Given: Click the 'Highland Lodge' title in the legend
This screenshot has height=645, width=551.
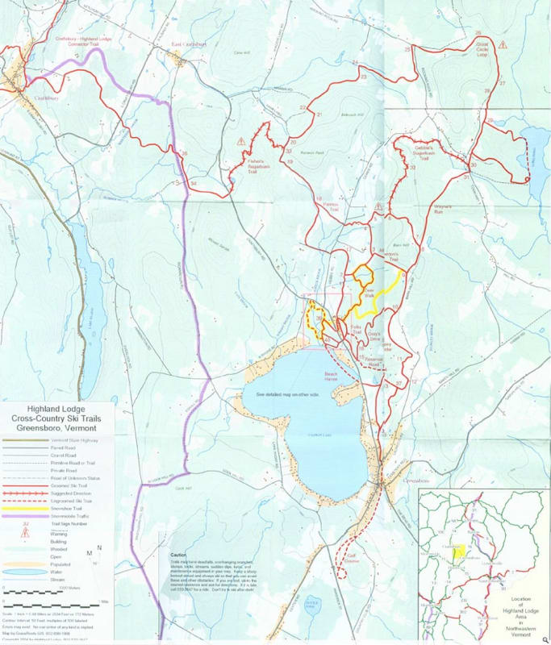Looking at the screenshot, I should point(57,409).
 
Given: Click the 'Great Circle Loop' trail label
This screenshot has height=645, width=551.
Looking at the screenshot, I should point(483,48).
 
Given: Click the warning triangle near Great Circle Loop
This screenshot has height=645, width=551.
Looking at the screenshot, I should point(503,46).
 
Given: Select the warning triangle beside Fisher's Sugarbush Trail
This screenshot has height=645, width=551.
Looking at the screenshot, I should point(240,140).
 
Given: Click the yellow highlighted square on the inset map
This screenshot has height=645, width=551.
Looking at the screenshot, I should point(457,552).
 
